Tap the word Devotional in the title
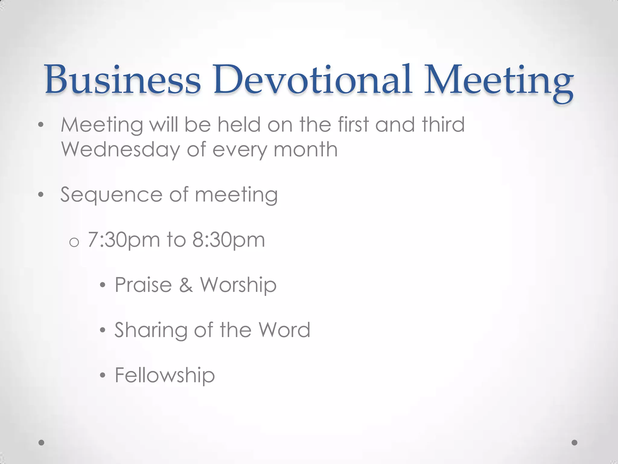(313, 79)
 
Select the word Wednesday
(120, 150)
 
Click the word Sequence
(111, 195)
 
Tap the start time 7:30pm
(124, 240)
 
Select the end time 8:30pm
(228, 240)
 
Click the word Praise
(143, 285)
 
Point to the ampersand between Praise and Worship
(186, 285)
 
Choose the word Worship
(238, 285)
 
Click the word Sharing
(151, 330)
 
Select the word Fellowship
(165, 375)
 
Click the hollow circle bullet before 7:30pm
(74, 242)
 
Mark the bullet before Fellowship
(103, 375)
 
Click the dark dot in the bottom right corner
(575, 443)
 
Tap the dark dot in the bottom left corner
(42, 443)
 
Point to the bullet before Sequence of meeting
(41, 195)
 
